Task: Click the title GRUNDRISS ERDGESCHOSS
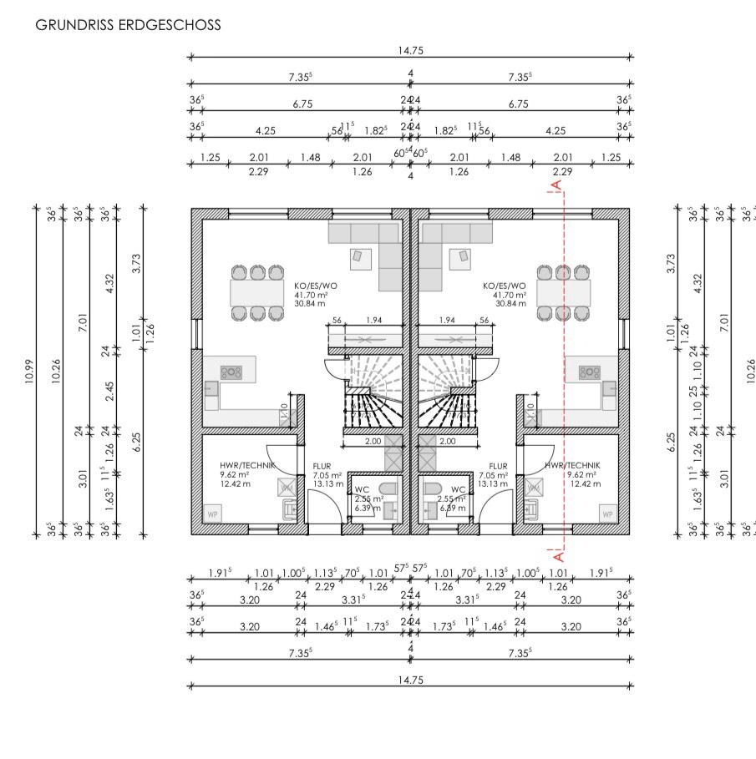click(128, 25)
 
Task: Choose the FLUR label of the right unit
click(499, 466)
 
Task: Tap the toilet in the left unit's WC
click(386, 489)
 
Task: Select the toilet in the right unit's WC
click(434, 489)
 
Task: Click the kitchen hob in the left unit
click(231, 372)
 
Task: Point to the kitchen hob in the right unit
click(591, 372)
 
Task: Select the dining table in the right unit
click(563, 292)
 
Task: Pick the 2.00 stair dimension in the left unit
click(373, 441)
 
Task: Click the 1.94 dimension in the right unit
click(447, 320)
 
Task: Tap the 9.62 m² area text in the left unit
click(233, 474)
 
